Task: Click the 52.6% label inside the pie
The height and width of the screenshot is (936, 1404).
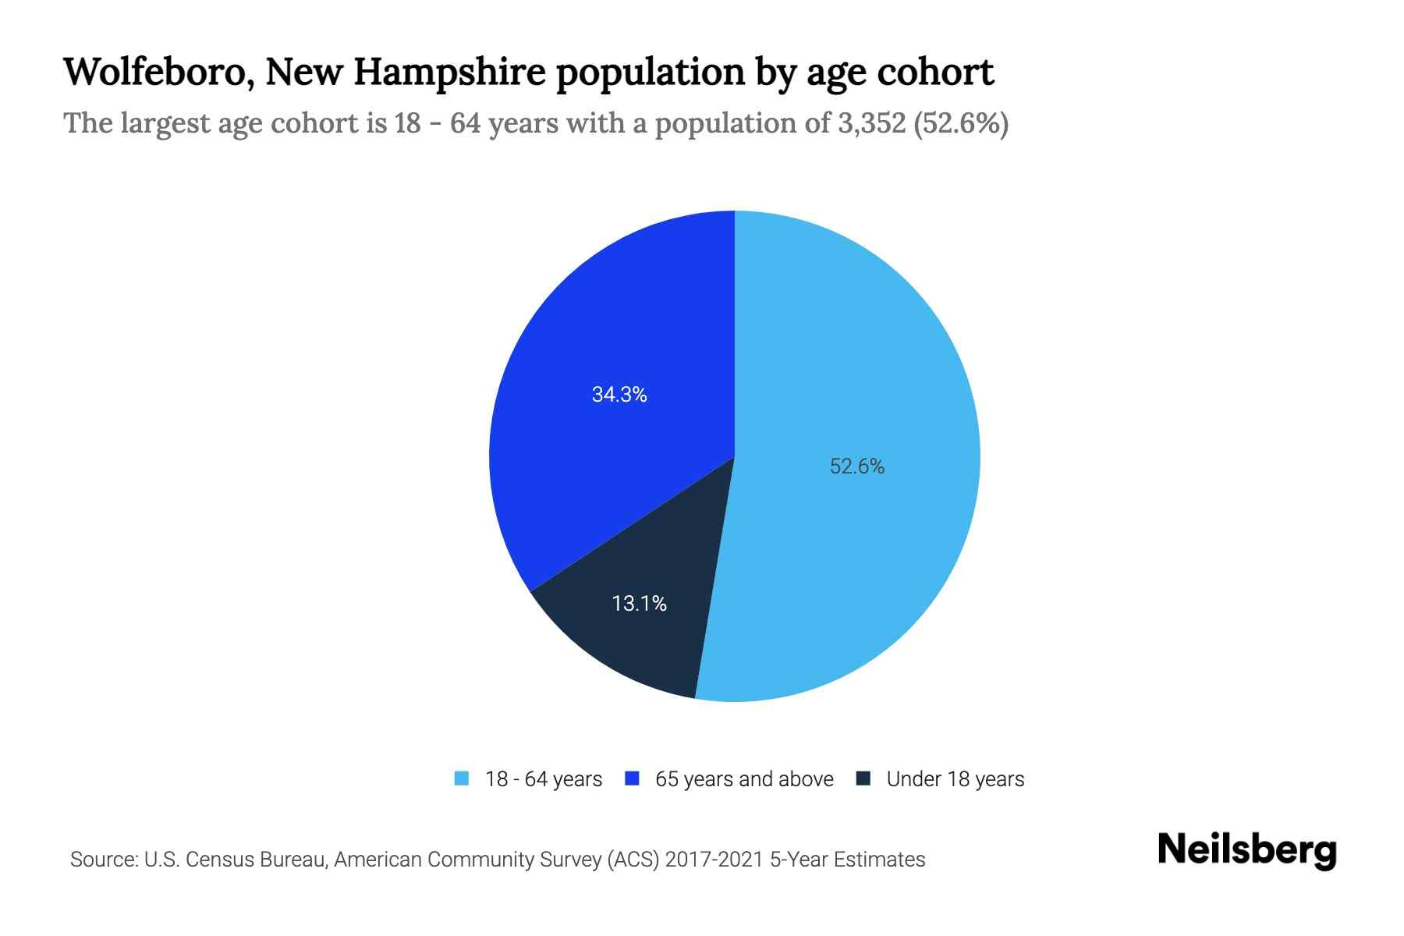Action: pos(856,466)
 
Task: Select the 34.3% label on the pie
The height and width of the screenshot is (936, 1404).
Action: pos(619,395)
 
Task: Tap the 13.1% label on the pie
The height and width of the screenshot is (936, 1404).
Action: pos(639,604)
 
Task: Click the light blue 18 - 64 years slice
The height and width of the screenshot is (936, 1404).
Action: pos(858,351)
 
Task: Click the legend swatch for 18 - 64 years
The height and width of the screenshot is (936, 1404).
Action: pos(462,778)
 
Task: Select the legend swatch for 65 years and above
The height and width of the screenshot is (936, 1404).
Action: pos(633,778)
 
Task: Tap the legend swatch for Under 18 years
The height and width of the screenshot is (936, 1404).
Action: pos(863,778)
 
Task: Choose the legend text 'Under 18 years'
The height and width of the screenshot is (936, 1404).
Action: pos(955,779)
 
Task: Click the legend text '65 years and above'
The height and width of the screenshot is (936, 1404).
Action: pos(744,779)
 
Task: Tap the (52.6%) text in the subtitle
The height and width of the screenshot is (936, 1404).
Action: pos(961,123)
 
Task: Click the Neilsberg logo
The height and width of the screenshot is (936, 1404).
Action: pos(1246,850)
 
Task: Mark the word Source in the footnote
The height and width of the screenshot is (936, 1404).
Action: pos(102,860)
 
